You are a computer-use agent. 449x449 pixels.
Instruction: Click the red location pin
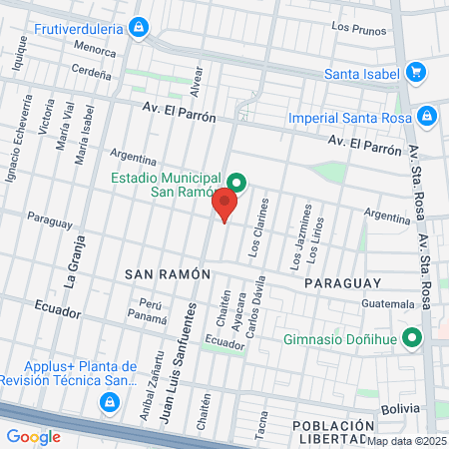coord(224,205)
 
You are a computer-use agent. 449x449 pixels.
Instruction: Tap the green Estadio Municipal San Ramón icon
coord(236,182)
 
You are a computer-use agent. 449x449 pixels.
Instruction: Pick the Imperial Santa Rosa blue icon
coord(427,116)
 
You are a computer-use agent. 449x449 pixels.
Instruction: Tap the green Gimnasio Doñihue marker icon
coord(410,337)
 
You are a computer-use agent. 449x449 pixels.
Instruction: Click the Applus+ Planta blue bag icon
coord(108,402)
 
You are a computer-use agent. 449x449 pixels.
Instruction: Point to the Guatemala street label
coord(389,303)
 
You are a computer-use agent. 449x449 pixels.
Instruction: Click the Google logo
coord(33,436)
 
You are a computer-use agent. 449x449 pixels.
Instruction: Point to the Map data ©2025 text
coord(406,441)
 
